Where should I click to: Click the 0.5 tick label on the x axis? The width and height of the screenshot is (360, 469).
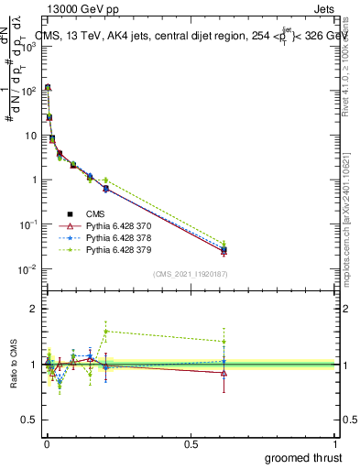click(191, 442)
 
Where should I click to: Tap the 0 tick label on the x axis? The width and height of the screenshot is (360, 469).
click(47, 442)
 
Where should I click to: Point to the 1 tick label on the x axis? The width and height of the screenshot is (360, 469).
click(335, 442)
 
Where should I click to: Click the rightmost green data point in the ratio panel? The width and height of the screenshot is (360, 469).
click(224, 342)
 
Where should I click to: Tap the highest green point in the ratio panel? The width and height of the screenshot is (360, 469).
click(106, 331)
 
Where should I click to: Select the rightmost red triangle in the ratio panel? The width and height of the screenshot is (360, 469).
click(224, 373)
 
